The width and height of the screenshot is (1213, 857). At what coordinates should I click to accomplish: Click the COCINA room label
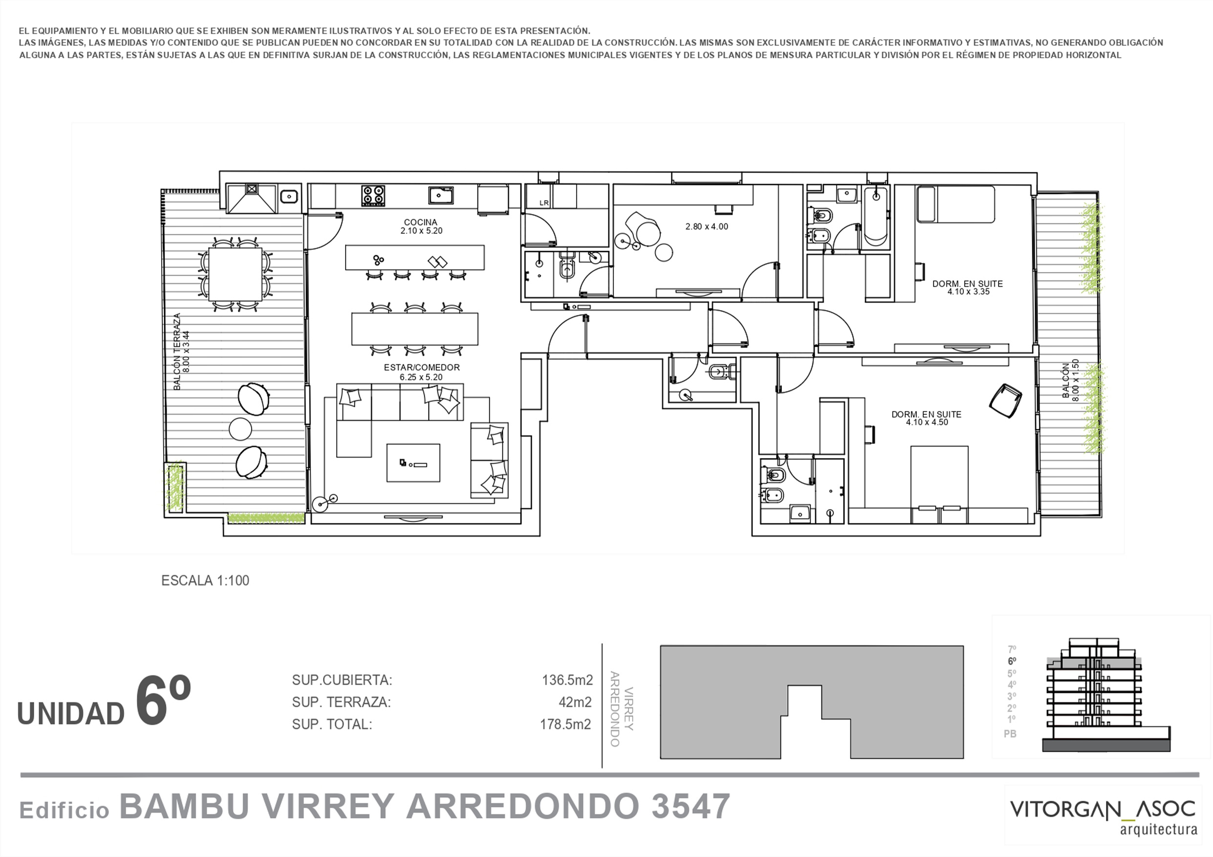click(x=420, y=222)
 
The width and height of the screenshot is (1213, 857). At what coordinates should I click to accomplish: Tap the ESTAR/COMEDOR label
click(x=422, y=368)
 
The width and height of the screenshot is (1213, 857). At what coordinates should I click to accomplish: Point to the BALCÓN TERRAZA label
click(x=177, y=352)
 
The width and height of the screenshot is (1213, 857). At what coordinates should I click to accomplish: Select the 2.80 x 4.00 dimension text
click(x=706, y=227)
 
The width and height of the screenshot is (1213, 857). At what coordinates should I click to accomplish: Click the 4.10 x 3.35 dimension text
click(x=968, y=292)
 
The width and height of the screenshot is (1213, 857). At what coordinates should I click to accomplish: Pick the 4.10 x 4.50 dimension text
click(x=927, y=422)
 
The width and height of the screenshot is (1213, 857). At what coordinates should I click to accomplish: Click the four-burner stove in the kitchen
click(x=373, y=195)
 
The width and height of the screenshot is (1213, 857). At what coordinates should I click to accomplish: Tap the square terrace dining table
click(x=235, y=274)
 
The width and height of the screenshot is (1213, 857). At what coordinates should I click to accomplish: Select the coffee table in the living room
click(x=413, y=463)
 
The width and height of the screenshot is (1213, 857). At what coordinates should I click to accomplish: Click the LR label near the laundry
click(x=543, y=203)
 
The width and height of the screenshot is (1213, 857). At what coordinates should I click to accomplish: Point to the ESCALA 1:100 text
click(x=205, y=581)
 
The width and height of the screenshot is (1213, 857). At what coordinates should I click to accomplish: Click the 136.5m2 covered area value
click(x=567, y=680)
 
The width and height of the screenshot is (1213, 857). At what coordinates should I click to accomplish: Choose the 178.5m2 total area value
click(x=565, y=725)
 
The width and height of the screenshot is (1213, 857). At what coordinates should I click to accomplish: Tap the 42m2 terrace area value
click(x=575, y=702)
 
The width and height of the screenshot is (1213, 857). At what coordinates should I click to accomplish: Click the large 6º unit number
click(x=163, y=700)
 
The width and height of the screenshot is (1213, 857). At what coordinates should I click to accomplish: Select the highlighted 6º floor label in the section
click(x=1012, y=661)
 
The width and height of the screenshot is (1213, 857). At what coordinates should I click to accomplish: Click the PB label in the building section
click(x=1010, y=734)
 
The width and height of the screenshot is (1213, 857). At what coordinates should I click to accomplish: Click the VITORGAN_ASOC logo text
click(x=1103, y=810)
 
